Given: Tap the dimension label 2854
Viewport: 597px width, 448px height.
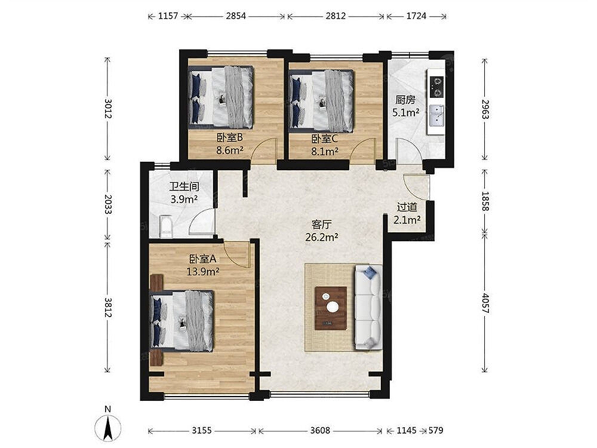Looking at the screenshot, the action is coord(236,16).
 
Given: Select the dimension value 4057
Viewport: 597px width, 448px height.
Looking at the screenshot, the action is coord(485,303).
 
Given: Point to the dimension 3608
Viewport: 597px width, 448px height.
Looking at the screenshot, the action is coord(320,431).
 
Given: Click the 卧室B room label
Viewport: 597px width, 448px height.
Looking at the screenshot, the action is coord(230,137).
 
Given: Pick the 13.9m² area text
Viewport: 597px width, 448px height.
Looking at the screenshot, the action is coord(202,272).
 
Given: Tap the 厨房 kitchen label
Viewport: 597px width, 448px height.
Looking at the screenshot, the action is coord(405,100).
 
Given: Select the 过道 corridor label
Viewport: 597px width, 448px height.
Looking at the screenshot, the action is coord(407,207).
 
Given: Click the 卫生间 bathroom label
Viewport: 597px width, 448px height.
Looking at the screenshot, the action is coord(184,186).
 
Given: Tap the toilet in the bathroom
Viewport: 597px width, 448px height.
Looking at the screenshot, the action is coord(166,226).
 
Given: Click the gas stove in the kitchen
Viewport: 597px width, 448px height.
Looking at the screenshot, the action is coord(436,87).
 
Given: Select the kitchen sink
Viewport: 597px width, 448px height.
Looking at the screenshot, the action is coord(436,116).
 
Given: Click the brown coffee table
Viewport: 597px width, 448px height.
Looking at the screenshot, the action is coord(331,308).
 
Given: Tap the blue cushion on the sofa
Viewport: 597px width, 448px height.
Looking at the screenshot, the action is coord(370,272).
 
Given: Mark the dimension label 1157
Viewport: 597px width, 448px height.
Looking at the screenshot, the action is coord(168,16).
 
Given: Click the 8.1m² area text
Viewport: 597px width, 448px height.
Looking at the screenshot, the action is coord(325,152).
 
